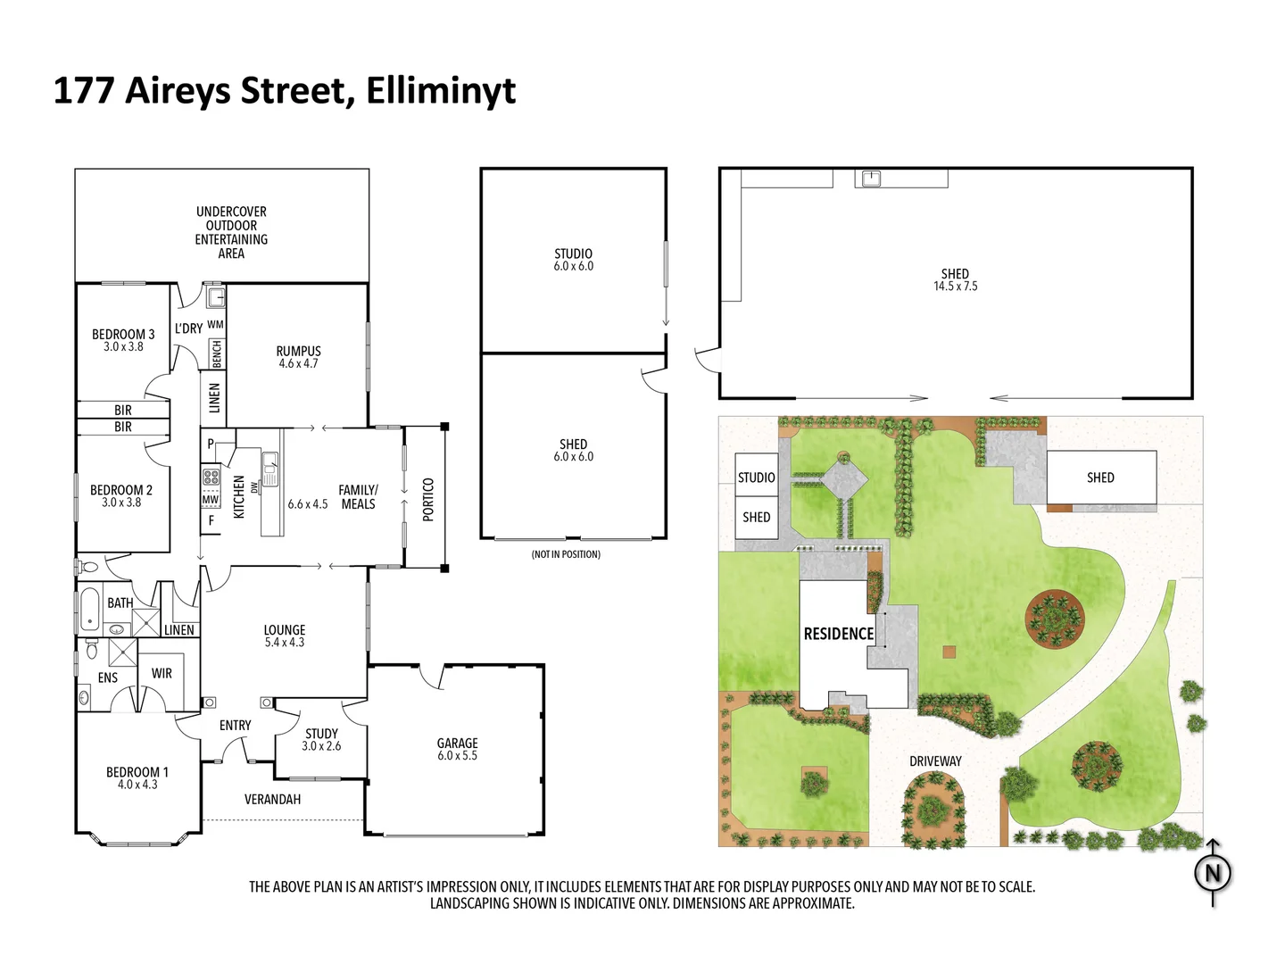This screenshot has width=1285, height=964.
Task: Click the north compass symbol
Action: pos(1213,873)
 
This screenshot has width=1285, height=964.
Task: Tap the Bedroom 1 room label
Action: pos(137,772)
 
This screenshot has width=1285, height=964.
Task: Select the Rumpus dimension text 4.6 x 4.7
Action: pos(298,364)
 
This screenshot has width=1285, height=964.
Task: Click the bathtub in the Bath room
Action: pos(89,609)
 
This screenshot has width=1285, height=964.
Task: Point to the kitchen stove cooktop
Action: pos(211,476)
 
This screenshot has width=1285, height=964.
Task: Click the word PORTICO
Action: pos(427,499)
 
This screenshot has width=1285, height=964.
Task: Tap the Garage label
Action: pos(457,743)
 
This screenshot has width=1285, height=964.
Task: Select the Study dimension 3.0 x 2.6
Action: pos(321,746)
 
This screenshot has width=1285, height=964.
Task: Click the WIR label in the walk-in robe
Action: pos(162,673)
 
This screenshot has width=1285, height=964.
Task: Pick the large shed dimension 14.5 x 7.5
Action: pos(955,287)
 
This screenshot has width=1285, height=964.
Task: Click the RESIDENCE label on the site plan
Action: pos(838,634)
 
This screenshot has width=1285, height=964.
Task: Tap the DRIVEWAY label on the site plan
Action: pos(935,761)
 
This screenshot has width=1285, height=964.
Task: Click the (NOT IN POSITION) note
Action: pos(566,554)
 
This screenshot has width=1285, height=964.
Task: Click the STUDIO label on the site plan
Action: pos(756,478)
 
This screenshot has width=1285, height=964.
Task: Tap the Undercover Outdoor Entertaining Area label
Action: pos(231,232)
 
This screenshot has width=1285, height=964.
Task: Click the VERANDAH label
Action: pos(272,799)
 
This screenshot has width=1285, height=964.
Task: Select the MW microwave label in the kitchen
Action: pos(210,500)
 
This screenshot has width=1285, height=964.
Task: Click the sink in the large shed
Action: pos(871,179)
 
